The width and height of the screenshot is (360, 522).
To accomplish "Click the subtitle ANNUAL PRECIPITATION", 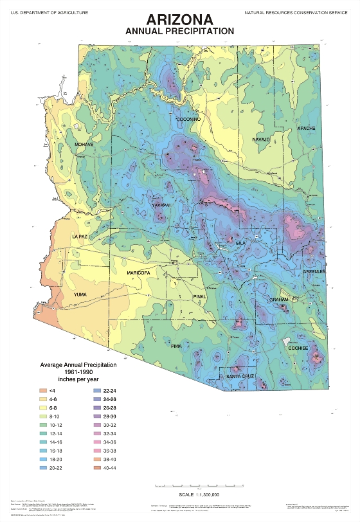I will coord(179,31).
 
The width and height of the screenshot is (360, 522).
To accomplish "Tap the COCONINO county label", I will coord(190,120).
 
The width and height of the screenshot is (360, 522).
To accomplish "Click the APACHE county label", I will coord(306,129).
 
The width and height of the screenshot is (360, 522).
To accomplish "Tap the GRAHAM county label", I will coord(279,300).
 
